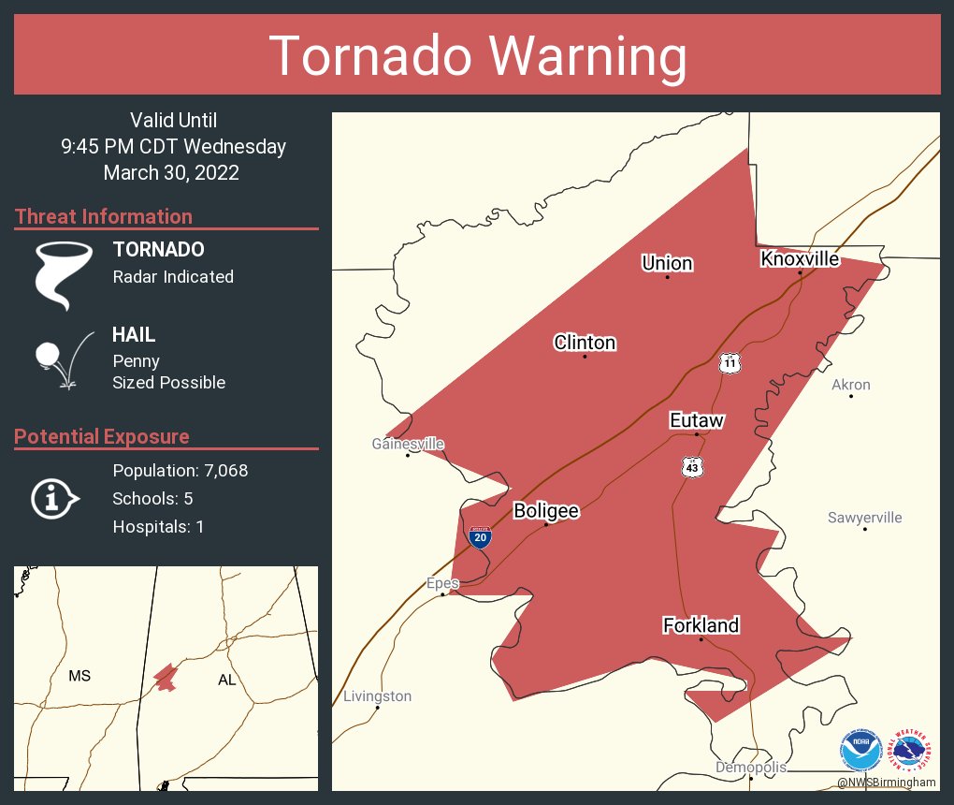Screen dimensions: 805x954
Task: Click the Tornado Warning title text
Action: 477,56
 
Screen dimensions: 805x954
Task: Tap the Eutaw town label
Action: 696,420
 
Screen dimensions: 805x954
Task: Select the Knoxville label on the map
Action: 799,258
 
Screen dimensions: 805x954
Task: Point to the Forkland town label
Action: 701,624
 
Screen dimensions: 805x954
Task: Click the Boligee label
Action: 546,510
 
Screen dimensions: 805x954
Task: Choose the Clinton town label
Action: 585,343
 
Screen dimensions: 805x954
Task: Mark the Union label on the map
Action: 667,263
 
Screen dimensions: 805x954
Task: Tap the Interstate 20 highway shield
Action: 480,537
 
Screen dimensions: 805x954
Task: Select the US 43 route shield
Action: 691,465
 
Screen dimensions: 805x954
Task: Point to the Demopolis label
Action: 751,768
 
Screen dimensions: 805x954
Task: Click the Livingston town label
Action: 377,696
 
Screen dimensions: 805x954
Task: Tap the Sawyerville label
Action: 864,518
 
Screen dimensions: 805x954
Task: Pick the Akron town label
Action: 850,385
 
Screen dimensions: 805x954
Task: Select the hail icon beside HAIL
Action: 62,359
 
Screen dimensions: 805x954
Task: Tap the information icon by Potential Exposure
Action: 54,498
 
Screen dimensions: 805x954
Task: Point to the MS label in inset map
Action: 79,676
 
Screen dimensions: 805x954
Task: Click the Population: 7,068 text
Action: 180,471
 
